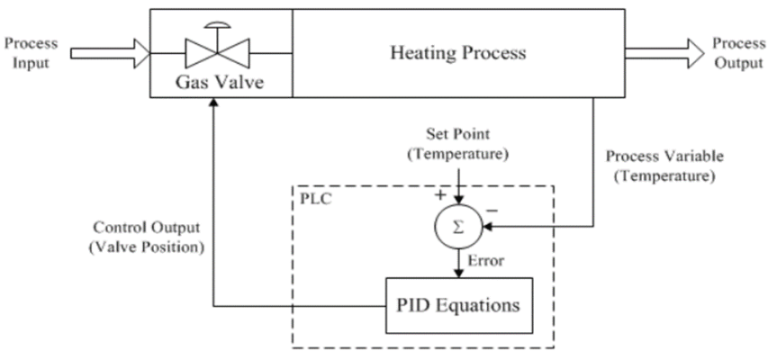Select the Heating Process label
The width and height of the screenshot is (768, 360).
pos(457,53)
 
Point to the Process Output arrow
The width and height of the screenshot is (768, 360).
pos(664,53)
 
